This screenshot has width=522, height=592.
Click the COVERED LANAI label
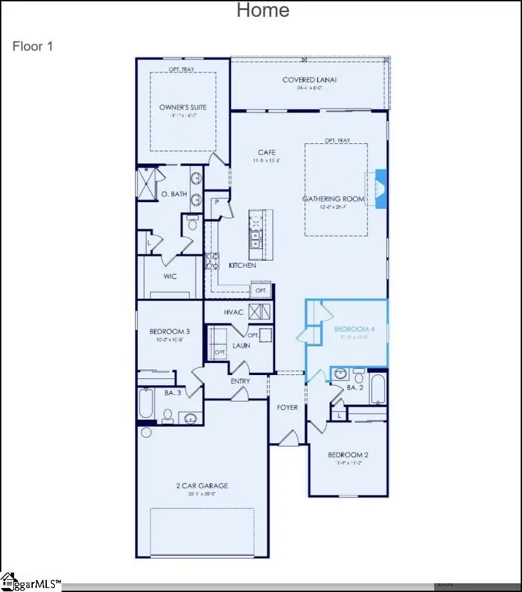[x=309, y=80]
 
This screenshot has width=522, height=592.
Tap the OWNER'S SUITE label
[x=183, y=107]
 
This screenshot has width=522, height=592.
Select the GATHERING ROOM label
[x=333, y=199]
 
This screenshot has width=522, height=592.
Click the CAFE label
[x=267, y=153]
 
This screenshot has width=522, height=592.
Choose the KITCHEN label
[x=242, y=266]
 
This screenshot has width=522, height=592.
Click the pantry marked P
[x=217, y=202]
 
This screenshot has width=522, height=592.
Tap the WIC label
[x=170, y=276]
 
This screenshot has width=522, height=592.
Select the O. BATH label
[x=174, y=194]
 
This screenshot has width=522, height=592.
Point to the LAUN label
[x=241, y=346]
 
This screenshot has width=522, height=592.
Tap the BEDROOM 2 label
[x=348, y=455]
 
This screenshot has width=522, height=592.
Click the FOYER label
[x=287, y=407]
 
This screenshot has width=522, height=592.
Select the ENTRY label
[x=240, y=382]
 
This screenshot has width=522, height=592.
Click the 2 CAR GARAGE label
[x=202, y=486]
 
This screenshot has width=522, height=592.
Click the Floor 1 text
[x=32, y=46]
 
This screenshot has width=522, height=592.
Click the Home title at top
[x=263, y=10]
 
